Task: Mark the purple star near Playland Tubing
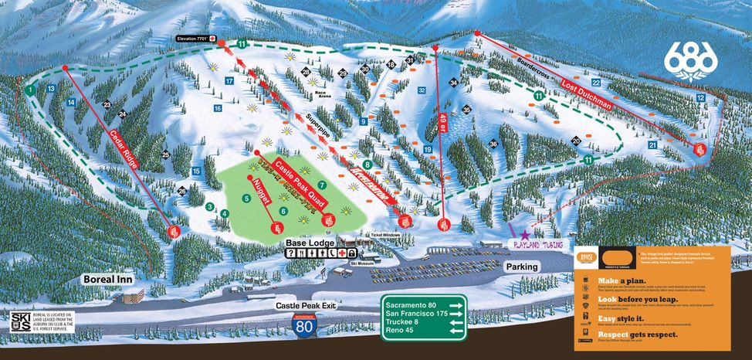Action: point(525,234)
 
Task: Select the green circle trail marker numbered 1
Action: point(29,90)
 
